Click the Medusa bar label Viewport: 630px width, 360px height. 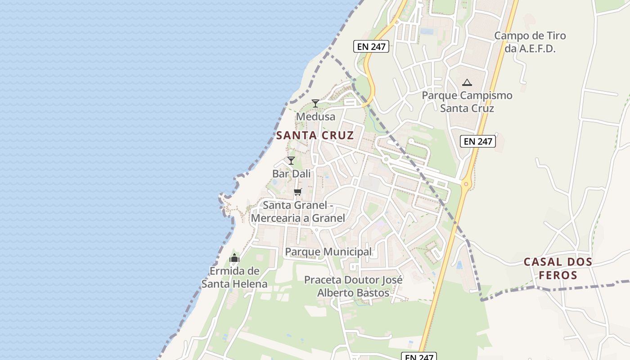(315, 117)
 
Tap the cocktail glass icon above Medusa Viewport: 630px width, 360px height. (315, 103)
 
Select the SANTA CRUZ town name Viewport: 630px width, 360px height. (315, 135)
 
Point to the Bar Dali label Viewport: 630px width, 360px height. (292, 174)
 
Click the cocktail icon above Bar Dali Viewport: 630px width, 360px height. (291, 161)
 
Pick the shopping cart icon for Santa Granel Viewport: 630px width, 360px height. (297, 192)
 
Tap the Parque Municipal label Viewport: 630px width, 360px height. (328, 252)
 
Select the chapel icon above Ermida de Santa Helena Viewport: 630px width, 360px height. (234, 258)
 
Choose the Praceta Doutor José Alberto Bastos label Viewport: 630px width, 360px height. (353, 286)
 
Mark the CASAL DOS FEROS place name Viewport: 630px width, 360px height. (558, 268)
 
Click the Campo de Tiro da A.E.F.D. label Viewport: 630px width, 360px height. (530, 42)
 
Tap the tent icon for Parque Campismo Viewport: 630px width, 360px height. (467, 83)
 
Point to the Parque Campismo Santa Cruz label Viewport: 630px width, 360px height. (467, 102)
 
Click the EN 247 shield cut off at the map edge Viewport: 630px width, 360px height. (419, 356)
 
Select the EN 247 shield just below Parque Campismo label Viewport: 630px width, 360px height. (478, 141)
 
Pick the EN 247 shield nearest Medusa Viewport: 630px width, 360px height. (371, 46)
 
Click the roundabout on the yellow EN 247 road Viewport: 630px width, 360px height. (466, 183)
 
